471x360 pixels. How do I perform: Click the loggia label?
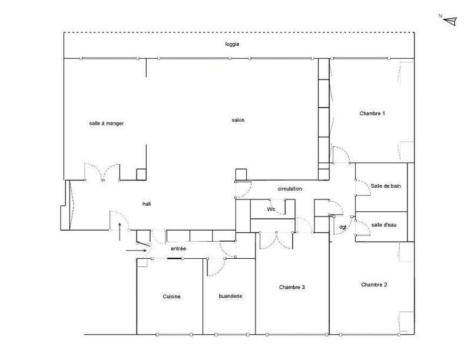click(x=233, y=45)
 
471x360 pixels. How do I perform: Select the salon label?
click(x=238, y=120)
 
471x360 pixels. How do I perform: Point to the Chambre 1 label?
click(x=372, y=113)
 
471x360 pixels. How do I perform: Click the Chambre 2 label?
click(x=374, y=285)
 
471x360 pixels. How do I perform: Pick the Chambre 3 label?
click(x=292, y=287)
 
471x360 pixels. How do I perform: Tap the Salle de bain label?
click(x=386, y=186)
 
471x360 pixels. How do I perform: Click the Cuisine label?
click(x=171, y=296)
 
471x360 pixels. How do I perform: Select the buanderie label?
click(x=230, y=296)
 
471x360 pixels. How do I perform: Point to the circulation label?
click(x=290, y=189)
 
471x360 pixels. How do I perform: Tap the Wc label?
click(x=271, y=209)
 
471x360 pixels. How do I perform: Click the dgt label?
click(x=343, y=227)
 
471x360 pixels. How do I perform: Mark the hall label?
click(x=147, y=204)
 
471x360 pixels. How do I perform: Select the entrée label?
click(x=178, y=249)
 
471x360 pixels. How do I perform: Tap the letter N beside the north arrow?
click(x=440, y=16)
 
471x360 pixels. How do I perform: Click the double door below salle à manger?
click(x=103, y=172)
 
